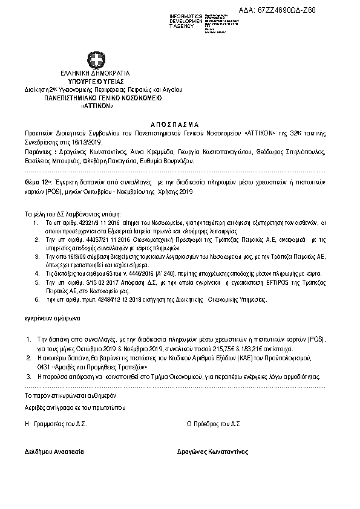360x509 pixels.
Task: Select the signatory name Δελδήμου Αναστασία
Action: pos(54,452)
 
